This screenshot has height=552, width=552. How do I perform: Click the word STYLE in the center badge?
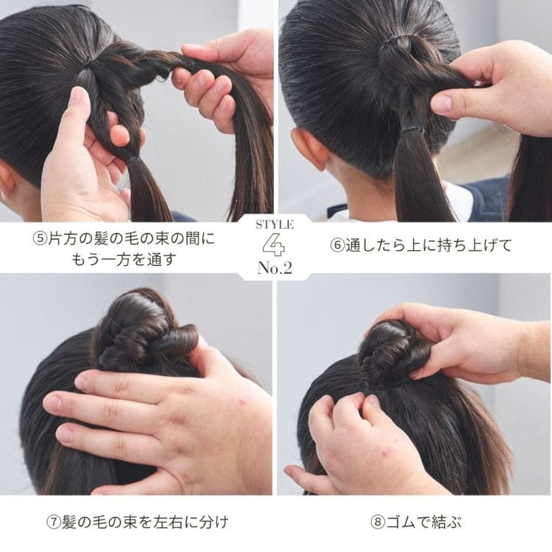click(x=275, y=225)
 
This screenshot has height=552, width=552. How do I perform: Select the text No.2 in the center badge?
click(x=275, y=268)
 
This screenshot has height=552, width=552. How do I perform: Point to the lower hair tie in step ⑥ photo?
click(x=412, y=130)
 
